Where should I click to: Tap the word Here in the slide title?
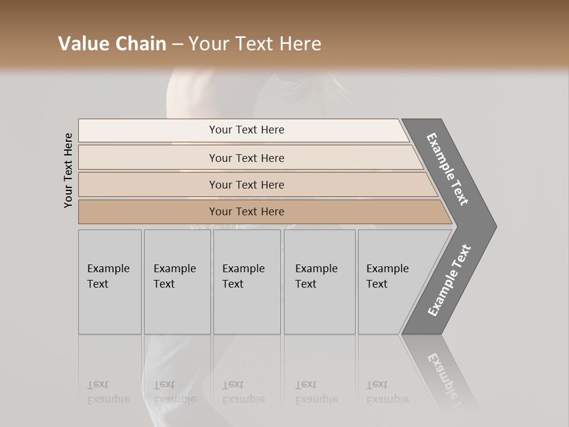click(x=300, y=44)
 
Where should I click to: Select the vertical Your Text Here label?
click(x=68, y=170)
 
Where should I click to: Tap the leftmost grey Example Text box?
click(x=110, y=282)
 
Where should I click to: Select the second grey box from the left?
click(x=177, y=282)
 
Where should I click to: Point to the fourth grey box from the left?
click(x=319, y=282)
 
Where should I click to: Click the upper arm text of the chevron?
click(x=447, y=169)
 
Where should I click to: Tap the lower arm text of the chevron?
click(x=449, y=281)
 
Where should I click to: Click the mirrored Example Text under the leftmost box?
click(x=108, y=392)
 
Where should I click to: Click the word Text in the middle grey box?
click(x=233, y=284)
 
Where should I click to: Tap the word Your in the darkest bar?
click(x=220, y=212)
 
